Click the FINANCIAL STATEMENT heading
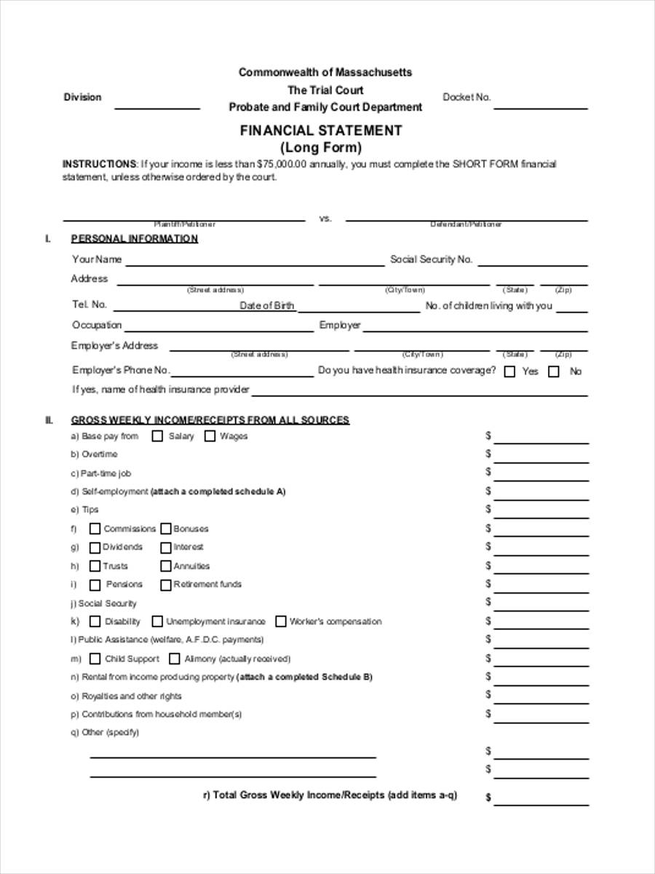pyautogui.click(x=321, y=130)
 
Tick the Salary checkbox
pyautogui.click(x=157, y=436)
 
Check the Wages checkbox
pyautogui.click(x=210, y=436)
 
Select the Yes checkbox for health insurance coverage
pyautogui.click(x=510, y=371)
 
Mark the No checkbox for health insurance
pyautogui.click(x=554, y=371)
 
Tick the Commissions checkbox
pyautogui.click(x=95, y=529)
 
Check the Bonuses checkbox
pyautogui.click(x=166, y=529)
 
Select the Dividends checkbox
pyautogui.click(x=95, y=548)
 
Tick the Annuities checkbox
pyautogui.click(x=166, y=566)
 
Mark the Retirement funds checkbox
pyautogui.click(x=166, y=585)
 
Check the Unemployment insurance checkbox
pyautogui.click(x=156, y=622)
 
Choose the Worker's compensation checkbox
pyautogui.click(x=280, y=622)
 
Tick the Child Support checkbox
pyautogui.click(x=95, y=659)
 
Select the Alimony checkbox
pyautogui.click(x=174, y=659)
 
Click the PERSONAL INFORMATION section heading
pyautogui.click(x=134, y=239)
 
